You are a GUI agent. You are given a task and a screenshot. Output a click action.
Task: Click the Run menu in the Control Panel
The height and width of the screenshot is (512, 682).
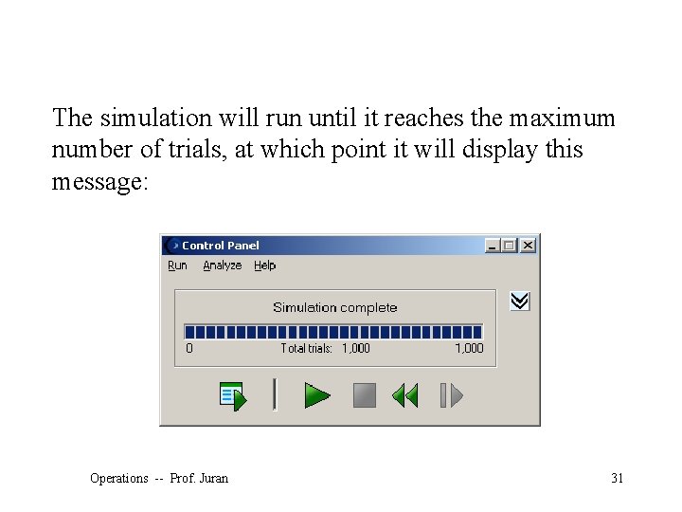point(177,265)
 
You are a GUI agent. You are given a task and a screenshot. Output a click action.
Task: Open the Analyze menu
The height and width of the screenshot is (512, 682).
point(222,265)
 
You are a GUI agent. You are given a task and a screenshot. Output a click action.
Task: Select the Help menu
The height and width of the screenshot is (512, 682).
point(264,265)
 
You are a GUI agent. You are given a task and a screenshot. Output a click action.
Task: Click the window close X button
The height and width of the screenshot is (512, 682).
point(528,245)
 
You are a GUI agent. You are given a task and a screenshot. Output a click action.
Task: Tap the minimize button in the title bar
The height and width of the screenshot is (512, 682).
point(493,245)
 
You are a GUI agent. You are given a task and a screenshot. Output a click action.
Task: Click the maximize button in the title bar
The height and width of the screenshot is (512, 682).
point(510,245)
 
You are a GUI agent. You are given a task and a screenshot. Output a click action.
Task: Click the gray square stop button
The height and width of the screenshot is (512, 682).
point(365,395)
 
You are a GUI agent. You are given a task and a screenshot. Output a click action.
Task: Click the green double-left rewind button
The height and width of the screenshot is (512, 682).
point(404,395)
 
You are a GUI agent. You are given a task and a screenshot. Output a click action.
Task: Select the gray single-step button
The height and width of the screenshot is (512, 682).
point(451,395)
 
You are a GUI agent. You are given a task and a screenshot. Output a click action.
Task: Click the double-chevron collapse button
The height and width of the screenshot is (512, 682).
point(520,302)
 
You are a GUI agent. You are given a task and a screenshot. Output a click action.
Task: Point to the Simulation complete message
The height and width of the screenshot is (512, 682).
point(334,307)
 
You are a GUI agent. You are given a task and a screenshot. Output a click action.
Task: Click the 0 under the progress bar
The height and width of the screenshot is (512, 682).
point(189,348)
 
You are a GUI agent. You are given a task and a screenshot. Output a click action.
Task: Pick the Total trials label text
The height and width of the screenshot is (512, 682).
point(306,348)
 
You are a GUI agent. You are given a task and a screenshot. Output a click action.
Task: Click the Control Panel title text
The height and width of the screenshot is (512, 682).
point(220,245)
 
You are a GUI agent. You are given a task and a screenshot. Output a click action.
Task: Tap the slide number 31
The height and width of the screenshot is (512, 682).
point(617,478)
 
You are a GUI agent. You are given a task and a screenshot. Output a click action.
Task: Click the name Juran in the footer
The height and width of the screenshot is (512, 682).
point(213,478)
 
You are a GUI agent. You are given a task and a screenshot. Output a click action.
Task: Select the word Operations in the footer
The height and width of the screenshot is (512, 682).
point(119,478)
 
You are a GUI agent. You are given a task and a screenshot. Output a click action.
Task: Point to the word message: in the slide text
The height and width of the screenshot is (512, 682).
point(99,181)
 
